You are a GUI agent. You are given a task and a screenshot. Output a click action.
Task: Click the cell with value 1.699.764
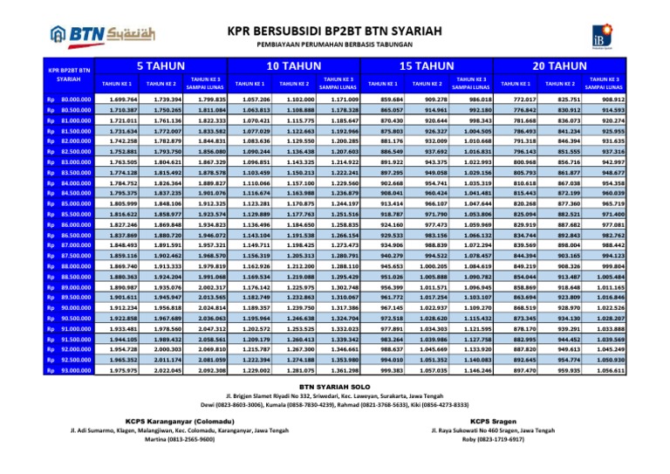(117, 101)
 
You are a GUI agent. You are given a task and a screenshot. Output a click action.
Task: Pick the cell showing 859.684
(383, 101)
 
